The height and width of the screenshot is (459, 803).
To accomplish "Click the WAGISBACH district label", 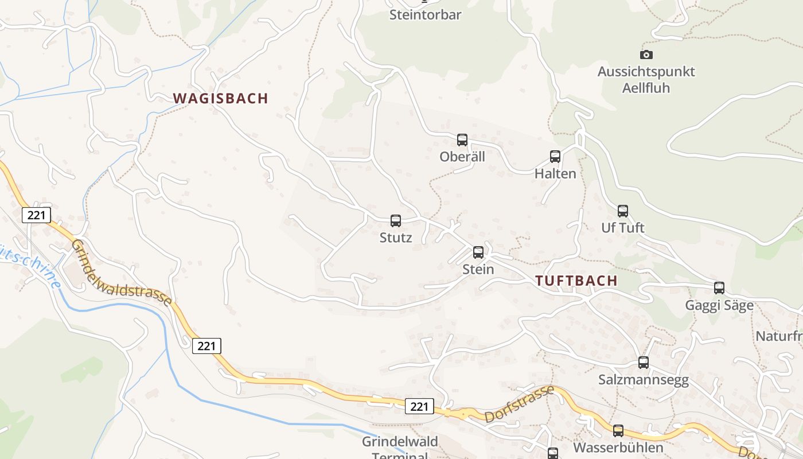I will [x=221, y=98].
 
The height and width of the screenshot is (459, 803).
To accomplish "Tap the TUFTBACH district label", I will [x=576, y=281].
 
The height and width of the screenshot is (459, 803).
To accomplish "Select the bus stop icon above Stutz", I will [x=396, y=220].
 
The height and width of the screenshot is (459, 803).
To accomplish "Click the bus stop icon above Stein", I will [x=478, y=252].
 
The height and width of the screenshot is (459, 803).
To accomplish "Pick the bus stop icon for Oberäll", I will [x=462, y=139].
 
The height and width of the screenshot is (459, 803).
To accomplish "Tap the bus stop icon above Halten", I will [x=555, y=156].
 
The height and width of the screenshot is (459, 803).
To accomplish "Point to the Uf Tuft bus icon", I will [x=623, y=211].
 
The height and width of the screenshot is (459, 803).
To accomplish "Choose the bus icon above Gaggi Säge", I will [x=719, y=287].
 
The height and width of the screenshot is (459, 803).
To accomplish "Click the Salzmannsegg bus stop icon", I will [x=644, y=362].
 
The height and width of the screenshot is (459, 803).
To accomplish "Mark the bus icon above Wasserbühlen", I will [x=618, y=430].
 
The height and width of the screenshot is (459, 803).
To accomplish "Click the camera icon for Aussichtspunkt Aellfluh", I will [x=646, y=55].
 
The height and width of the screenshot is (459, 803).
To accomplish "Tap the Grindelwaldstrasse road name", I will [x=121, y=272].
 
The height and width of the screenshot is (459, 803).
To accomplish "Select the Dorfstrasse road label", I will [x=519, y=404].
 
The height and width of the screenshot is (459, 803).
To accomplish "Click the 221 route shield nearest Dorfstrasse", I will [x=419, y=406].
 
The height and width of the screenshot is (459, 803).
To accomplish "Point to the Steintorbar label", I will [x=425, y=15].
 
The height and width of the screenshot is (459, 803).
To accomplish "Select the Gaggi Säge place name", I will [x=719, y=305].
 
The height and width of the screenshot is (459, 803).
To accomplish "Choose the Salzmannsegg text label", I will [x=644, y=380].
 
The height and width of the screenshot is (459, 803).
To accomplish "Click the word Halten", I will [x=555, y=173].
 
